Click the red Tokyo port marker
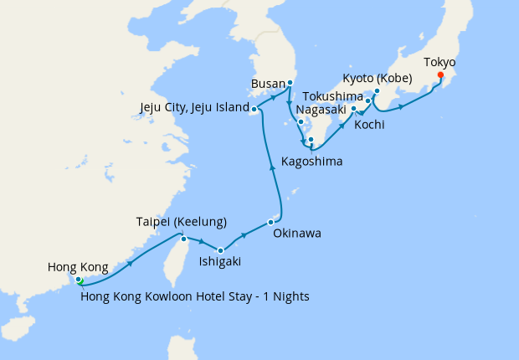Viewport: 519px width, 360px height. pyautogui.click(x=440, y=75)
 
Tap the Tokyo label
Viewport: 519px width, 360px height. pyautogui.click(x=440, y=61)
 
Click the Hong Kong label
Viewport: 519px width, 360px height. pyautogui.click(x=78, y=267)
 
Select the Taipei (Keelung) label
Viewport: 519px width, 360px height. pyautogui.click(x=182, y=222)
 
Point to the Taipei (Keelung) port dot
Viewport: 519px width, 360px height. pyautogui.click(x=183, y=239)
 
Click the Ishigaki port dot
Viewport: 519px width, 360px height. pyautogui.click(x=220, y=250)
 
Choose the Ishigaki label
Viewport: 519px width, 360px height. pyautogui.click(x=220, y=262)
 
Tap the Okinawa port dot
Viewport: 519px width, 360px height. pyautogui.click(x=270, y=222)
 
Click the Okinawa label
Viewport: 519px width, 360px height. pyautogui.click(x=297, y=234)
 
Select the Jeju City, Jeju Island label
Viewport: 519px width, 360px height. pyautogui.click(x=195, y=108)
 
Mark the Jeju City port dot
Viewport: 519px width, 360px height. pyautogui.click(x=254, y=109)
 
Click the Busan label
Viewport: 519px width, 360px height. pyautogui.click(x=268, y=84)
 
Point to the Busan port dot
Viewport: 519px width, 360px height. pyautogui.click(x=290, y=83)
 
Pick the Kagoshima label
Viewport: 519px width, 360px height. pyautogui.click(x=312, y=160)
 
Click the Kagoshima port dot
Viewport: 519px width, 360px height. pyautogui.click(x=310, y=140)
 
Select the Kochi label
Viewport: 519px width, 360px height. pyautogui.click(x=369, y=125)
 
